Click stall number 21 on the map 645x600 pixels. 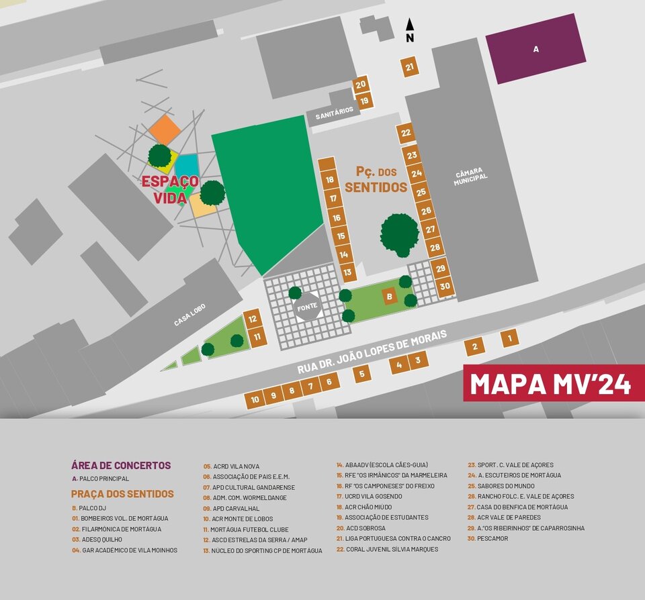point(410,67)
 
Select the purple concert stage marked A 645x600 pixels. point(535,48)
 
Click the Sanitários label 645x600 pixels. point(334,114)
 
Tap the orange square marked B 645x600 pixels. point(389,295)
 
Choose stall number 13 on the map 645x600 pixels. point(347,272)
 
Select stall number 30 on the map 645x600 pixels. point(445,286)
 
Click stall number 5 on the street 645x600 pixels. point(361,374)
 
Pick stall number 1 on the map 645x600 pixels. point(510,338)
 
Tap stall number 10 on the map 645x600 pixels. point(255,399)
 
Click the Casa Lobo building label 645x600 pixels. point(190,313)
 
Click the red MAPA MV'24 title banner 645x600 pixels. point(554,383)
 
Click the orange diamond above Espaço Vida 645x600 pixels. point(165,129)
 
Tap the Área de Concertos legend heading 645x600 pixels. point(121,465)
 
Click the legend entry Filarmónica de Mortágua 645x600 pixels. point(120,529)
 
